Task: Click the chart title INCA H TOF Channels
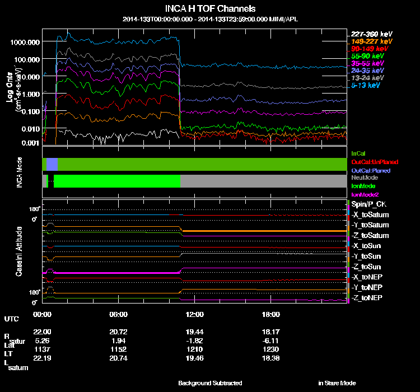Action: (x=210, y=8)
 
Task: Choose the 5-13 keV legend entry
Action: (x=366, y=85)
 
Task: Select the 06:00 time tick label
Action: (x=119, y=314)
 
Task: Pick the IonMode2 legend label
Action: (x=365, y=193)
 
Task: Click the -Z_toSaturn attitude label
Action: (x=370, y=235)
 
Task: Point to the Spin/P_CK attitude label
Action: (x=369, y=204)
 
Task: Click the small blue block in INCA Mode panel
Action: (x=52, y=164)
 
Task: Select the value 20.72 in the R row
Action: (x=119, y=333)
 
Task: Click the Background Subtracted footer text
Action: (x=210, y=383)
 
